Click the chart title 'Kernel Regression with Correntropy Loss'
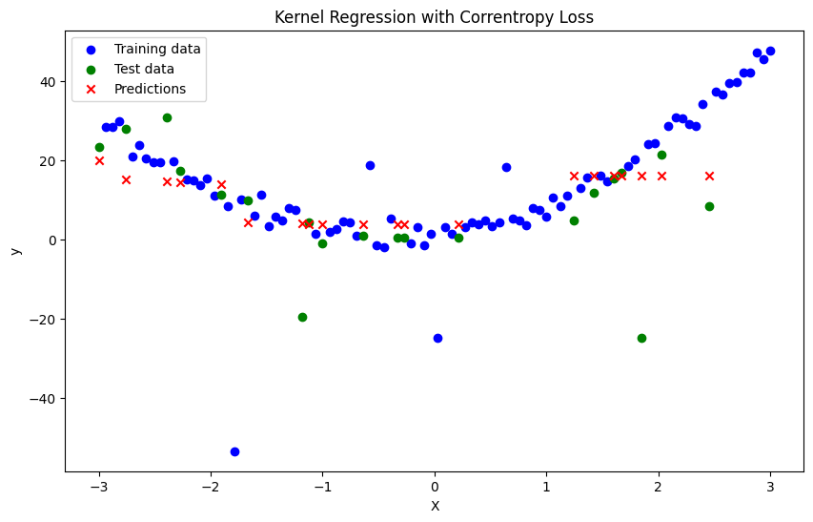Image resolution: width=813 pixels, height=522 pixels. pos(434,17)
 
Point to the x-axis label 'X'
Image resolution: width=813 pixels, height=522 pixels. pos(435,506)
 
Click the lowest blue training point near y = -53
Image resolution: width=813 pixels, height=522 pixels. pos(234,451)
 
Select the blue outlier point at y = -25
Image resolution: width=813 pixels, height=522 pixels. pos(437,338)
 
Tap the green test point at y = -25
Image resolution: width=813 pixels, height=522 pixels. pos(641,338)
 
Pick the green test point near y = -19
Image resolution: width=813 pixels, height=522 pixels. pos(302,317)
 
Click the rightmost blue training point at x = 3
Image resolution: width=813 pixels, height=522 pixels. pos(770,52)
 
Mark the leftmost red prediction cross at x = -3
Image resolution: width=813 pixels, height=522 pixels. pos(99,160)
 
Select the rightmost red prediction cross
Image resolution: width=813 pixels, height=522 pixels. pos(709,176)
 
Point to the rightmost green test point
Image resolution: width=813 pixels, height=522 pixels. pos(709,206)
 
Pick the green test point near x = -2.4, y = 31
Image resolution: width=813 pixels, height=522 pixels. pos(167,117)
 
